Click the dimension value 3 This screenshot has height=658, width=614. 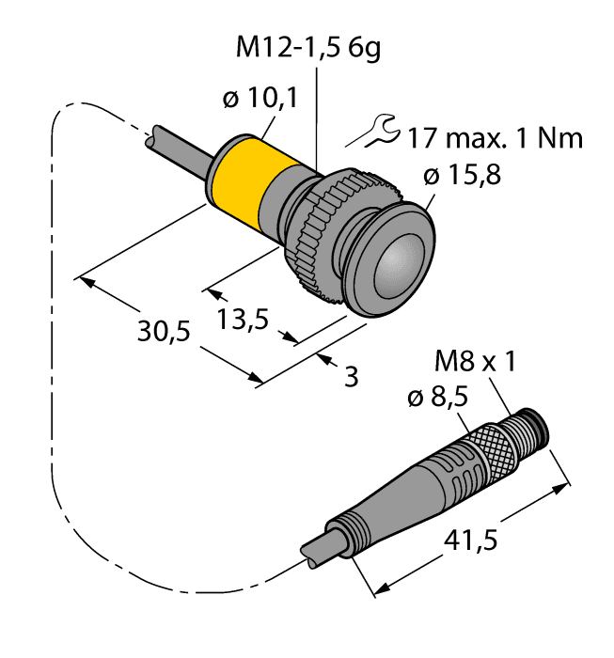[x=352, y=378]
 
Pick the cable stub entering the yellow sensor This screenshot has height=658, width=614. [x=179, y=151]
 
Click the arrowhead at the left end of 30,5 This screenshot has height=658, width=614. [x=86, y=280]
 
